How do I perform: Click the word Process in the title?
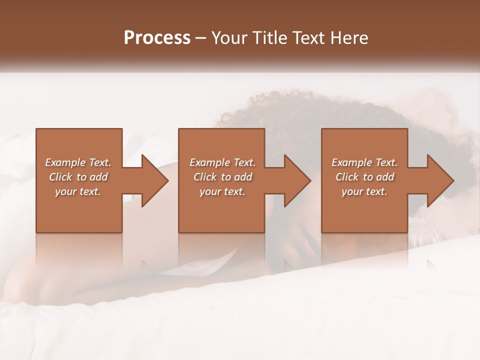[157, 38]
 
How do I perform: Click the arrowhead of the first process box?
[155, 180]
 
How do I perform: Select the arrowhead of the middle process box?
[297, 180]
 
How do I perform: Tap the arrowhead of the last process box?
[440, 180]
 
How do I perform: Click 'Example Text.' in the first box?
[78, 162]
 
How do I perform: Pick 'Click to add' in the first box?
[78, 177]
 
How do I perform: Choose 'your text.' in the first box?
[78, 191]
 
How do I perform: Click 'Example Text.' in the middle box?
[222, 162]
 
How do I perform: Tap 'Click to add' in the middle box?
[222, 177]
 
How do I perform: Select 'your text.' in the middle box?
[222, 191]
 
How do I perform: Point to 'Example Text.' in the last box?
[364, 162]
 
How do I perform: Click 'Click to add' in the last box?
[364, 177]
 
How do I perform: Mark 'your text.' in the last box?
[364, 191]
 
